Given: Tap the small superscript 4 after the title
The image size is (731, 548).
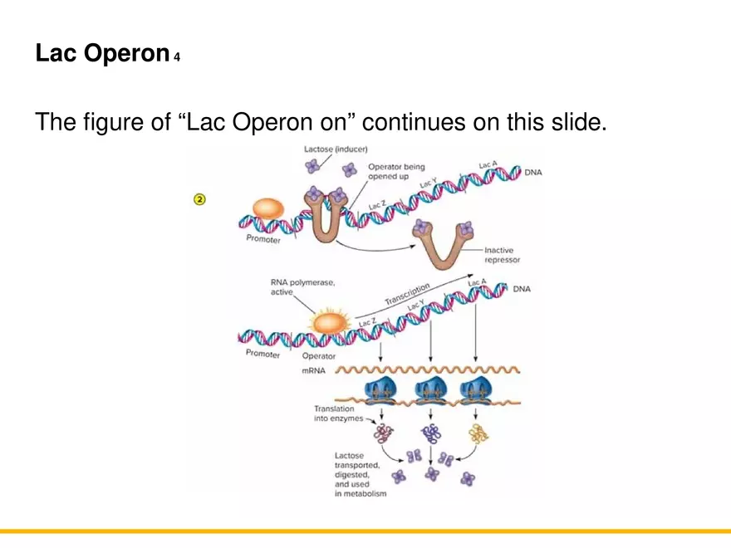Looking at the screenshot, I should pos(177,58).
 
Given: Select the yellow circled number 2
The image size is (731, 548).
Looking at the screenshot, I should pos(199,199).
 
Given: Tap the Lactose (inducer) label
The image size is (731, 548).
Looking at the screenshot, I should pos(336,149).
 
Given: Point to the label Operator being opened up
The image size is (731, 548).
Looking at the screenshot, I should pos(395,172).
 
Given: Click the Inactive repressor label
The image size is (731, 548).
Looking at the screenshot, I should pos(502,254).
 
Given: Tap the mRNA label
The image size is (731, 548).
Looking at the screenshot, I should pos(313,370).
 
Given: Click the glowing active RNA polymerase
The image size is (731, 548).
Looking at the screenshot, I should pos(329,320).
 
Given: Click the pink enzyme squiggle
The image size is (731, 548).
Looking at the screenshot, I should pos(384,433).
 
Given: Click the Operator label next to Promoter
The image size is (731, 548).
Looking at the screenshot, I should pos(318,356).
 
